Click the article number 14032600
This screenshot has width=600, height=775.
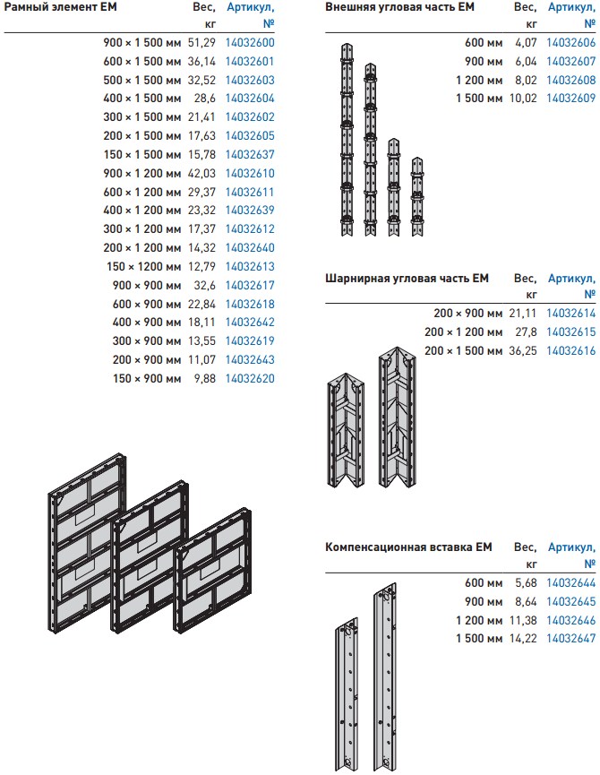250,42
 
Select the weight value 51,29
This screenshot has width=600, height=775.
202,42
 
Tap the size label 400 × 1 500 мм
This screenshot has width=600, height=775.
142,99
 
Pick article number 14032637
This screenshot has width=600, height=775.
250,155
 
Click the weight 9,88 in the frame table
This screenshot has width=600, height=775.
205,379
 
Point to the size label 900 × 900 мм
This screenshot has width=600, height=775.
147,285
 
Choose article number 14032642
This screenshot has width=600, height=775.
250,323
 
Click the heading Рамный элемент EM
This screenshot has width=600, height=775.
60,7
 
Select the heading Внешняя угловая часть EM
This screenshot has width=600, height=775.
399,7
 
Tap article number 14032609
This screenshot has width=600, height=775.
570,99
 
